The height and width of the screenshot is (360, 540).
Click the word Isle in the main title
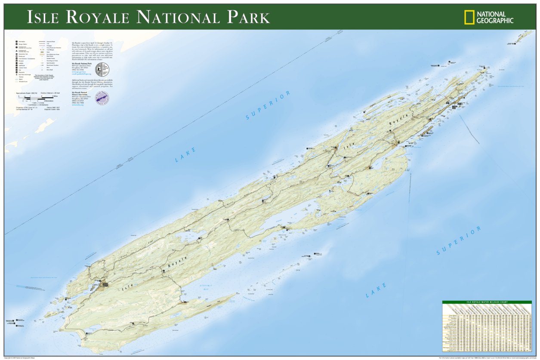coord(44,17)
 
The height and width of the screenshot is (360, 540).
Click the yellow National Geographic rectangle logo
coord(469,17)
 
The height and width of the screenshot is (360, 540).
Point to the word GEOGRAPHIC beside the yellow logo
coord(495,20)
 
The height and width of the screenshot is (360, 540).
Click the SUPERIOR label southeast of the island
coord(458,241)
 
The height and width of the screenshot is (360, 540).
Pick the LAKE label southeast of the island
coord(376,290)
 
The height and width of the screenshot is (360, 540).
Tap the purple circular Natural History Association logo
coord(102,97)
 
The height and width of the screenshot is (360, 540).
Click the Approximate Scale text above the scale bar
coord(27,93)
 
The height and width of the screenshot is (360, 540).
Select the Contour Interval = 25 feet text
coord(53,93)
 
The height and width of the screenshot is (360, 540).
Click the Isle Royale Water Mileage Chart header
coord(487,302)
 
